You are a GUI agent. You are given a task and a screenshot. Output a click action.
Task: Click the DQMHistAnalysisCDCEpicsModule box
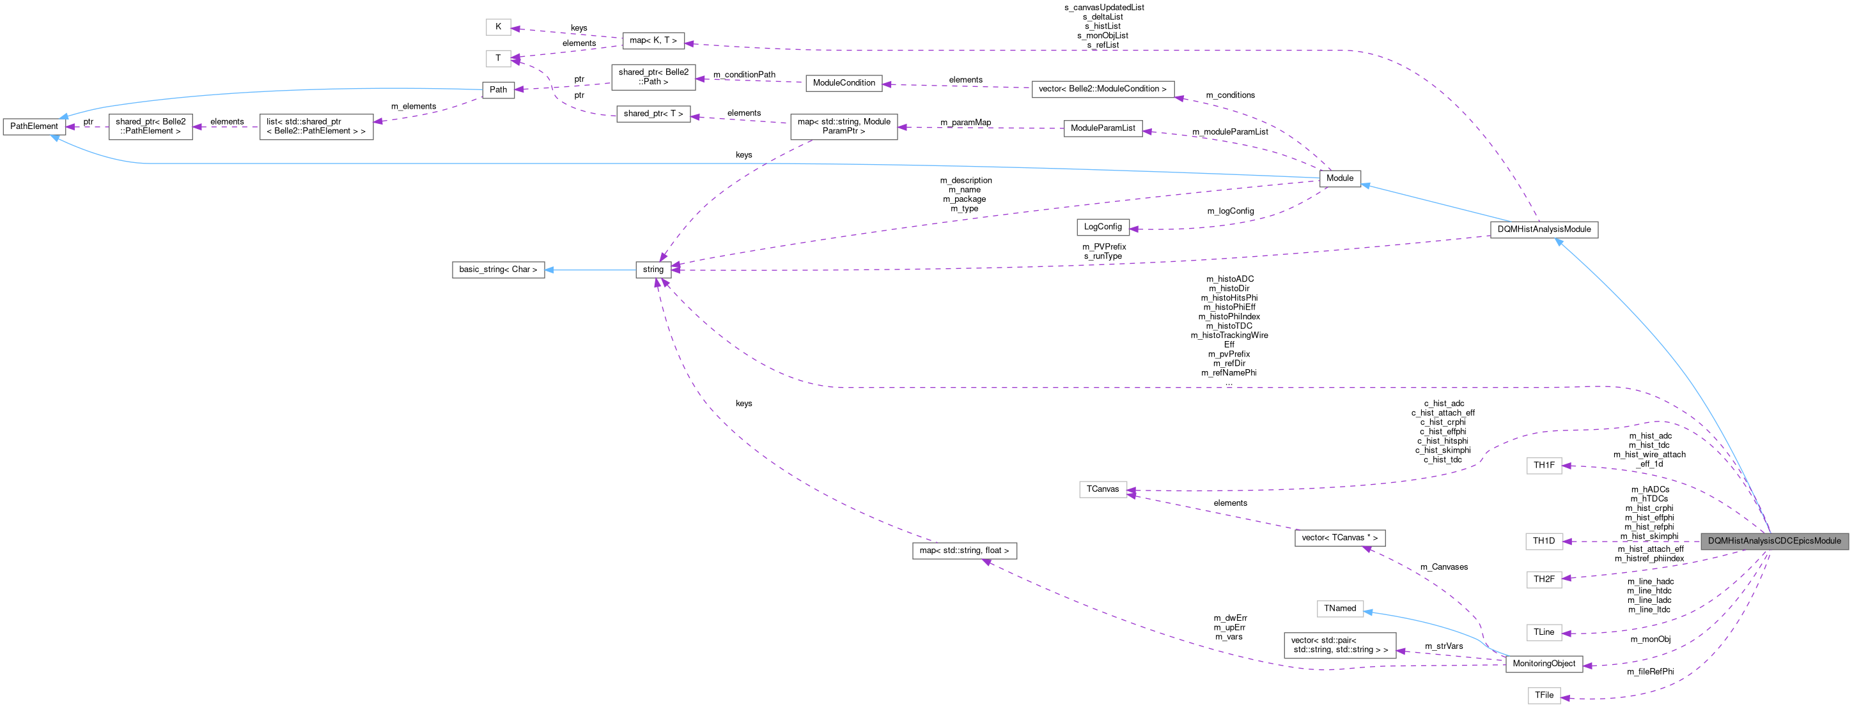(x=1773, y=541)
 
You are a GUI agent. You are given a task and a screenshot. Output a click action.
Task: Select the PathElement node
(x=34, y=126)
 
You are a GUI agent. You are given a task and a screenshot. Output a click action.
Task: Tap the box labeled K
(x=497, y=27)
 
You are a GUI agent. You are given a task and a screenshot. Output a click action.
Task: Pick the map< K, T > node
(x=653, y=41)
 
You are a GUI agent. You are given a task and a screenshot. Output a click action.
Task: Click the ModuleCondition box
(x=843, y=83)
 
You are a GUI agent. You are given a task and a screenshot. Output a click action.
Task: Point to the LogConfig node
(x=1102, y=227)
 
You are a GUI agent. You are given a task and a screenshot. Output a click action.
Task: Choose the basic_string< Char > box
(x=497, y=270)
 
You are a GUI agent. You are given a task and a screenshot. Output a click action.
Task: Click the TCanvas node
(x=1102, y=489)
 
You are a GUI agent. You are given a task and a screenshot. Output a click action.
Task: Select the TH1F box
(x=1544, y=466)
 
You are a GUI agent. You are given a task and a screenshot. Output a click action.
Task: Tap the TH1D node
(x=1544, y=541)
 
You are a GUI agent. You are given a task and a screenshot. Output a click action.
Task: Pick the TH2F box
(x=1544, y=579)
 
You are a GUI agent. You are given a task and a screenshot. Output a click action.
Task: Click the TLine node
(x=1544, y=632)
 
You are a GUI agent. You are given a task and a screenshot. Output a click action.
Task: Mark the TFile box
(x=1544, y=696)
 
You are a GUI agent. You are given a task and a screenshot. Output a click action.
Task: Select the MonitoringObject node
(x=1544, y=664)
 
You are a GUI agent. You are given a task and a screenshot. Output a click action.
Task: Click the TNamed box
(x=1339, y=609)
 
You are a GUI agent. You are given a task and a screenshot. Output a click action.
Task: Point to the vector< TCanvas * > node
(x=1339, y=538)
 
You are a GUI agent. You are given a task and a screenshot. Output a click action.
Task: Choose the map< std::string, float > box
(x=964, y=551)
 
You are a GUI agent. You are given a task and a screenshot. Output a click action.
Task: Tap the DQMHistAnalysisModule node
(x=1544, y=230)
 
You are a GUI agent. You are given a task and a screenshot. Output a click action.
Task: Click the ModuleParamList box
(x=1102, y=128)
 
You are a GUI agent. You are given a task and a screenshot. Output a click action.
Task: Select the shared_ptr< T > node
(x=653, y=114)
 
